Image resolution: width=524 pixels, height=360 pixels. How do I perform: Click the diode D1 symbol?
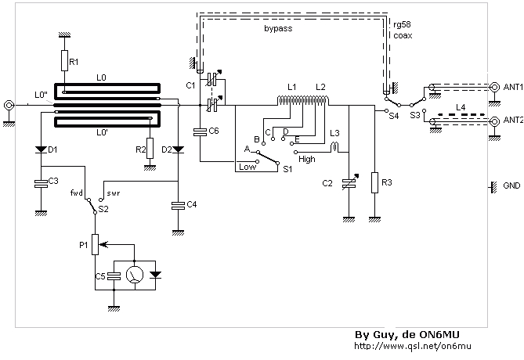pos(41,149)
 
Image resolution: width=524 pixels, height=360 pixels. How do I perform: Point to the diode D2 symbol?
pos(179,149)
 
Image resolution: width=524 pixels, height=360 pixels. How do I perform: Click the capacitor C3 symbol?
pos(41,183)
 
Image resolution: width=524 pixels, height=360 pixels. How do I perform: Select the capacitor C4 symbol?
pos(179,204)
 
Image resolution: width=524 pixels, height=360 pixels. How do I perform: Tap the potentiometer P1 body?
pos(96,244)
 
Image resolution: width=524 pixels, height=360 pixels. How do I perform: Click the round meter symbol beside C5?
pos(136,275)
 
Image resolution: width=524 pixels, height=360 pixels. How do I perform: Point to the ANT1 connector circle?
pos(495,88)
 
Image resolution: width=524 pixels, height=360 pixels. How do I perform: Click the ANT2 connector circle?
pos(495,121)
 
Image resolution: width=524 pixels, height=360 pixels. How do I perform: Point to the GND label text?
pos(511,187)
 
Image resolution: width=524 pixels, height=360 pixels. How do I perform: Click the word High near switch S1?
pos(307,157)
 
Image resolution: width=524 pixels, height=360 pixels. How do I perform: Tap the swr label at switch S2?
pos(113,191)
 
